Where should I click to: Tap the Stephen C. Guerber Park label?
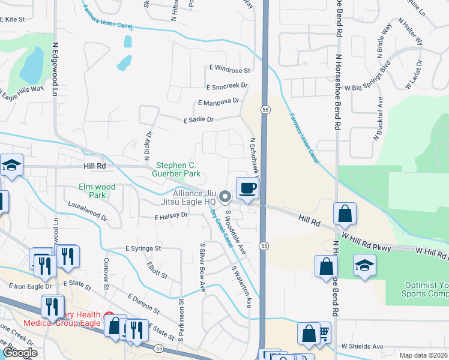coord(178,169)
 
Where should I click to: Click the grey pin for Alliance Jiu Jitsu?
coord(225,196)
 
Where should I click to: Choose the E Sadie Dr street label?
coord(198,120)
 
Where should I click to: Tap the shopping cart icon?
coord(324,332)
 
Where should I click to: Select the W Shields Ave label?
coord(362,346)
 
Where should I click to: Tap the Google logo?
coord(20,353)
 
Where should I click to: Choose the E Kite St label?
coord(16,19)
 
